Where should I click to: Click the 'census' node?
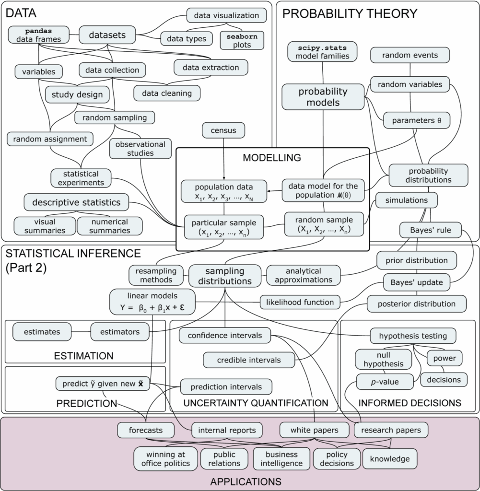click(x=224, y=129)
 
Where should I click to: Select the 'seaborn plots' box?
click(x=242, y=40)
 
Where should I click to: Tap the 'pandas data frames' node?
click(x=39, y=35)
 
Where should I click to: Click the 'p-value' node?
click(x=385, y=382)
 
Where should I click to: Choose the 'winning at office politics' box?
click(x=166, y=458)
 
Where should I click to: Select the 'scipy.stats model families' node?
click(x=322, y=52)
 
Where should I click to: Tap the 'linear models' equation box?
click(x=152, y=302)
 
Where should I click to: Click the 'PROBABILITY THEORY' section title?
click(x=350, y=14)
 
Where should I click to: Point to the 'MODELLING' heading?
click(x=271, y=157)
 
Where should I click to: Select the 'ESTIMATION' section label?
click(x=83, y=356)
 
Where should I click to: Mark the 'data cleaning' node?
click(x=167, y=93)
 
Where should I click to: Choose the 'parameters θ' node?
click(x=416, y=120)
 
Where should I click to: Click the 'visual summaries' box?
click(x=45, y=226)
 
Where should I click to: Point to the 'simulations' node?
click(x=406, y=200)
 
